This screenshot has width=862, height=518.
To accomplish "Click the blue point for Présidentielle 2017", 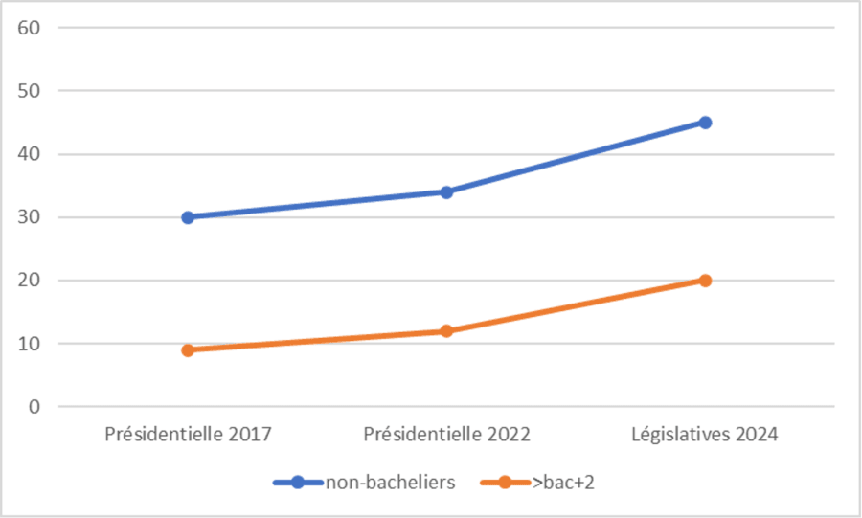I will pyautogui.click(x=188, y=217).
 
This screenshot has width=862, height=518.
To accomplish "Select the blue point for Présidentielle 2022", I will pyautogui.click(x=446, y=191).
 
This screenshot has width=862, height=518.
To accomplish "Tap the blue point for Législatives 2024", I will pyautogui.click(x=705, y=123).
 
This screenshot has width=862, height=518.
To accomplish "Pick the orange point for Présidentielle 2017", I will pyautogui.click(x=188, y=350).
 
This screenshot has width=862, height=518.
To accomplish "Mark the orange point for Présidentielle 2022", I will pyautogui.click(x=446, y=331).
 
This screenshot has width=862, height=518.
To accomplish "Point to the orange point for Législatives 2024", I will pyautogui.click(x=705, y=281).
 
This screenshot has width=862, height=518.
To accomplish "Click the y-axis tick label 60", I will pyautogui.click(x=28, y=28).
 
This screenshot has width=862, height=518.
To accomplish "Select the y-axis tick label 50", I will pyautogui.click(x=28, y=91).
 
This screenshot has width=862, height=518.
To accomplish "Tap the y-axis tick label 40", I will pyautogui.click(x=28, y=154).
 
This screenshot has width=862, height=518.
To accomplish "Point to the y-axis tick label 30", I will pyautogui.click(x=28, y=217).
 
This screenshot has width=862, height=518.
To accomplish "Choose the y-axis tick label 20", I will pyautogui.click(x=28, y=281).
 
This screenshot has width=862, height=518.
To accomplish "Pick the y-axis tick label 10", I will pyautogui.click(x=28, y=344).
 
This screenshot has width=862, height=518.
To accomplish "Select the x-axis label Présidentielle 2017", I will pyautogui.click(x=188, y=435).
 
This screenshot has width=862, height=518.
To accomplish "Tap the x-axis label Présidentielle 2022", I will pyautogui.click(x=446, y=435).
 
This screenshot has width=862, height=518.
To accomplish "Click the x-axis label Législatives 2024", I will pyautogui.click(x=705, y=435).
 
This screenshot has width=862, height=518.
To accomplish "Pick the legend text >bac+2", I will pyautogui.click(x=564, y=483).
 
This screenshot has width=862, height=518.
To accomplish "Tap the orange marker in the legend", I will pyautogui.click(x=507, y=483).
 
